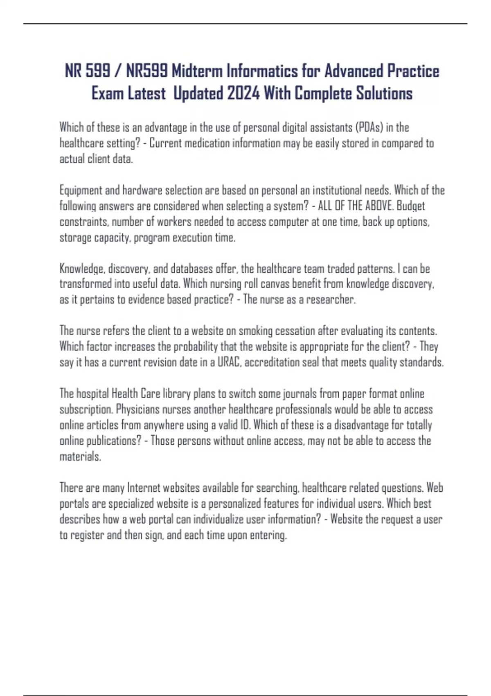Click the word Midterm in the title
(x=196, y=71)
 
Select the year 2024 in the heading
(x=243, y=93)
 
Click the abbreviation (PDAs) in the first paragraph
(x=369, y=127)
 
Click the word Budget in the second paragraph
(x=411, y=206)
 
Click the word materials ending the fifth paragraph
(x=80, y=456)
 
